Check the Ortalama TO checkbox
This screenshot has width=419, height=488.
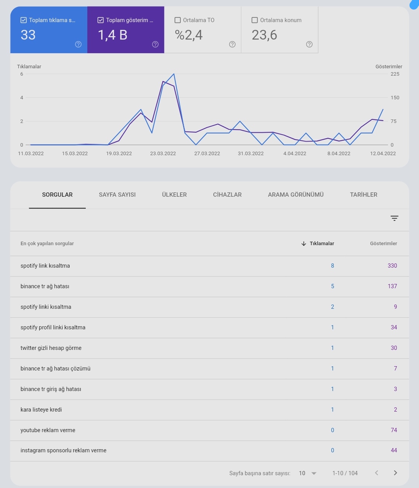pos(178,20)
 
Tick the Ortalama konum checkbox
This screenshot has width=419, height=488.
pos(255,20)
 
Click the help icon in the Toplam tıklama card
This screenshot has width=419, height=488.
pos(78,44)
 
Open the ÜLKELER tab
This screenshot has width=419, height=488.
pos(174,194)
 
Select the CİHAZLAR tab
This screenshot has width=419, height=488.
pos(227,194)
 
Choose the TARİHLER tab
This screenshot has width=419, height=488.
pos(364,194)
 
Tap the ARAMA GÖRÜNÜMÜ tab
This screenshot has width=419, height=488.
pos(296,194)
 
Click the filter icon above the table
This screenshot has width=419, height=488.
pos(395,218)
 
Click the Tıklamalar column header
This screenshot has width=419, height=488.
pos(322,243)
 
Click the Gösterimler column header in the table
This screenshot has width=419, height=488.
pos(383,243)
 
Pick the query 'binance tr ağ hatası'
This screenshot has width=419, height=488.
pos(45,286)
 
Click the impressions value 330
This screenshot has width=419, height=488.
pos(392,266)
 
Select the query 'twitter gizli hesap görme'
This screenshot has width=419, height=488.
pos(51,348)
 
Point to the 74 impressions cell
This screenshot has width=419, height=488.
pos(394,430)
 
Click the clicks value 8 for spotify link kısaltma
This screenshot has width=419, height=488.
pos(332,266)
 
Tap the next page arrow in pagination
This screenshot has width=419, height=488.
pos(395,472)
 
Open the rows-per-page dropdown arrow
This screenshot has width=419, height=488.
pos(313,473)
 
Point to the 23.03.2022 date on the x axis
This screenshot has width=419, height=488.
pos(163,154)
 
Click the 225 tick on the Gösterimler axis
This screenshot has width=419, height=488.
pos(395,74)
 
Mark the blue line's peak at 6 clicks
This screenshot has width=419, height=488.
pos(174,74)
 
